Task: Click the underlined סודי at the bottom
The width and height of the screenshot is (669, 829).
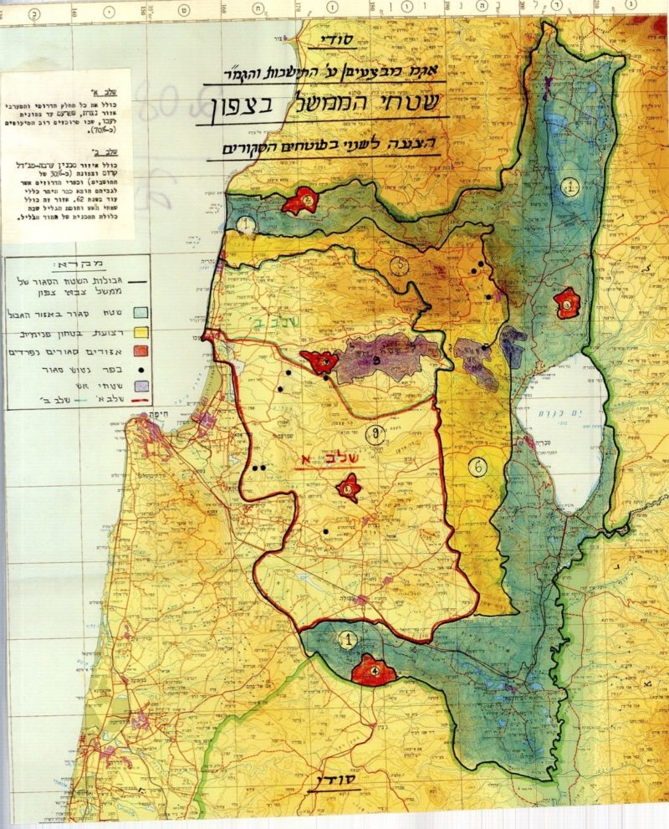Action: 333,783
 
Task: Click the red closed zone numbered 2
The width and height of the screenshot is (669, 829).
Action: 303,202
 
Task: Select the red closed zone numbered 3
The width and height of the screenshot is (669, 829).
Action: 569,303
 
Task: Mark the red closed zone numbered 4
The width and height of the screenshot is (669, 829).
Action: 374,670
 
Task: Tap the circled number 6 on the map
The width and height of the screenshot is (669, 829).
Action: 476,468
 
